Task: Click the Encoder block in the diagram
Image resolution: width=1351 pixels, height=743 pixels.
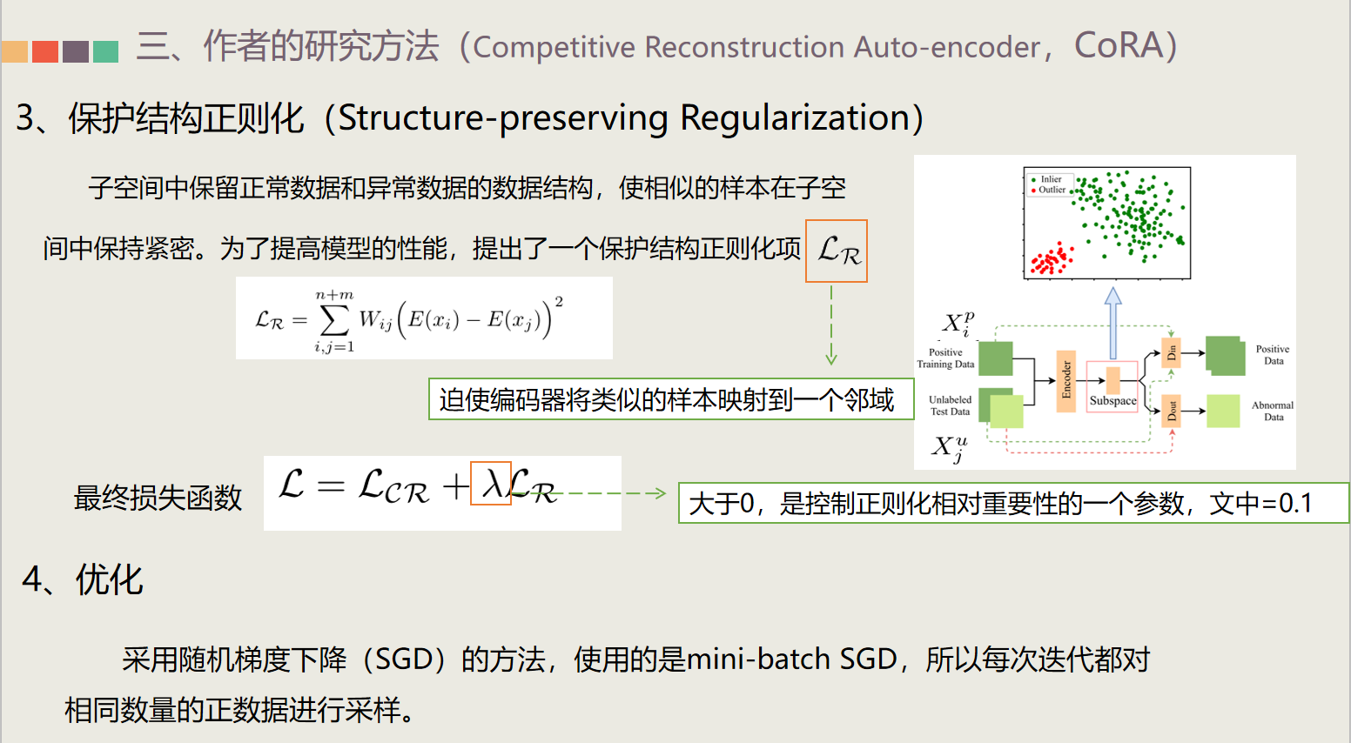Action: pyautogui.click(x=1066, y=381)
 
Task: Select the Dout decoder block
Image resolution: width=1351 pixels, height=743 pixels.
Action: pyautogui.click(x=1172, y=411)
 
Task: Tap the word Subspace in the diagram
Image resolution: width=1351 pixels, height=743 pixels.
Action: pyautogui.click(x=1112, y=401)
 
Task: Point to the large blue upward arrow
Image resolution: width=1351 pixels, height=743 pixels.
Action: pyautogui.click(x=1112, y=322)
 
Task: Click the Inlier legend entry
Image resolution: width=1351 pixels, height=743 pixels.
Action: pyautogui.click(x=1051, y=179)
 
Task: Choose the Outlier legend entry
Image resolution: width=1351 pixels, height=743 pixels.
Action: pyautogui.click(x=1052, y=190)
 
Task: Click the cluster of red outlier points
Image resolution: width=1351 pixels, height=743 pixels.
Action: pyautogui.click(x=1051, y=259)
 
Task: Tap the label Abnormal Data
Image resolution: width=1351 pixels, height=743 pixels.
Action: pyautogui.click(x=1273, y=411)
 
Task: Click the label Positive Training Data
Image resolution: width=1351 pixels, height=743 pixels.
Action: pyautogui.click(x=945, y=358)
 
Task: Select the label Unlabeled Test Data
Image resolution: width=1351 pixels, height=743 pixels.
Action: pyautogui.click(x=950, y=405)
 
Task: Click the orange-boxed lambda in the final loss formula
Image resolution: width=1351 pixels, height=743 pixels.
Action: pyautogui.click(x=491, y=484)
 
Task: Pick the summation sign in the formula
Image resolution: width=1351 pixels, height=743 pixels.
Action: pyautogui.click(x=334, y=321)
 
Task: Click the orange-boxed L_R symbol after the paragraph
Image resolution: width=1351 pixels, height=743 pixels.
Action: pyautogui.click(x=837, y=251)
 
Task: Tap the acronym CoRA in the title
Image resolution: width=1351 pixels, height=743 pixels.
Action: pyautogui.click(x=1118, y=46)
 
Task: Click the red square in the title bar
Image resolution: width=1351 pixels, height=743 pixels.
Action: pyautogui.click(x=45, y=51)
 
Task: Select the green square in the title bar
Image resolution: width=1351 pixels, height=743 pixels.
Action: pyautogui.click(x=105, y=51)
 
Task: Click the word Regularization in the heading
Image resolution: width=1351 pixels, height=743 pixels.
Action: pyautogui.click(x=795, y=118)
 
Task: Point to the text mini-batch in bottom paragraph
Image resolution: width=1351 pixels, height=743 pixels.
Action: pyautogui.click(x=758, y=659)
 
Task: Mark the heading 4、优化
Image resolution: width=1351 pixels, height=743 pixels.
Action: pyautogui.click(x=83, y=579)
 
